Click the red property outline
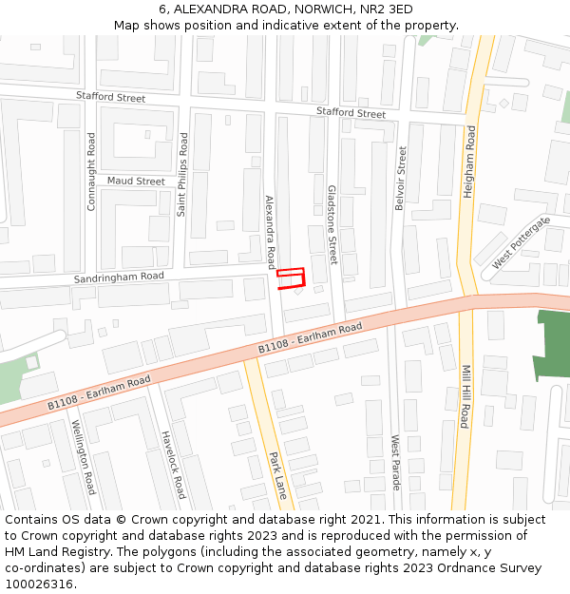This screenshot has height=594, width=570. coord(291,277)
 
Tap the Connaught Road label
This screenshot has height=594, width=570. coord(91,171)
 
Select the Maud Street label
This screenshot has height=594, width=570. coord(136,181)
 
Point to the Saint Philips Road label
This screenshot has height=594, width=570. coord(182,174)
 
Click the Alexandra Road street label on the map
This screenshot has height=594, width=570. coord(270,232)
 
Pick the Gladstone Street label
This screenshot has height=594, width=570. coord(332,224)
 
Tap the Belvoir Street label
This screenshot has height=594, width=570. coord(401,178)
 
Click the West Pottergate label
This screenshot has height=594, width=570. coord(521,241)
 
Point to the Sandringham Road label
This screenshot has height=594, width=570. coord(119,277)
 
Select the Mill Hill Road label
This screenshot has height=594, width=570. coord(465,396)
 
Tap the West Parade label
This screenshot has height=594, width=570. coord(396,462)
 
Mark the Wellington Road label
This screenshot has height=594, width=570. coord(84,457)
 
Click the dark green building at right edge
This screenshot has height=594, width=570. coord(552,347)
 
